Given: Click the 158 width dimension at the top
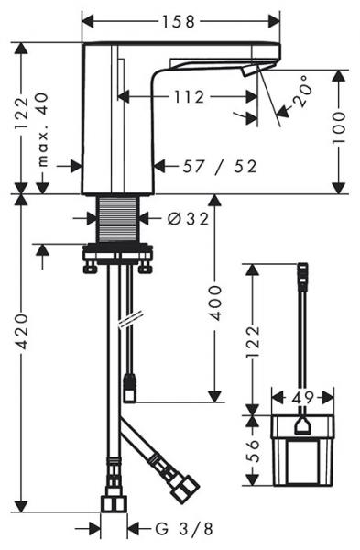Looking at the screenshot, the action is pyautogui.click(x=178, y=22).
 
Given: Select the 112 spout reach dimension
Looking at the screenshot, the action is pyautogui.click(x=189, y=97).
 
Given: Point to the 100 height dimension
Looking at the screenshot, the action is pyautogui.click(x=339, y=127).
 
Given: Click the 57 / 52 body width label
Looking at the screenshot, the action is pyautogui.click(x=220, y=167).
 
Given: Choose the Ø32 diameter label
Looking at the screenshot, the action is pyautogui.click(x=188, y=219).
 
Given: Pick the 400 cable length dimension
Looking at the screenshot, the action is pyautogui.click(x=215, y=302).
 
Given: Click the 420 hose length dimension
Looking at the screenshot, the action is pyautogui.click(x=22, y=332).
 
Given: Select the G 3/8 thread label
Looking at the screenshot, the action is pyautogui.click(x=184, y=529).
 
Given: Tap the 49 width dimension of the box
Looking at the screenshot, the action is pyautogui.click(x=302, y=398).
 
